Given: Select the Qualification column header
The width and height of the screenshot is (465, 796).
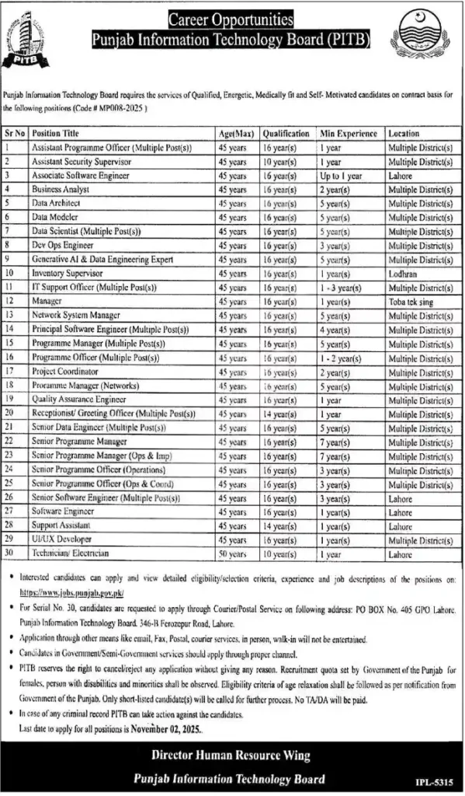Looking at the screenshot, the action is coord(286,133).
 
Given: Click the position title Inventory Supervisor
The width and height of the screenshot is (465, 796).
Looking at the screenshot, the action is coord(67,273).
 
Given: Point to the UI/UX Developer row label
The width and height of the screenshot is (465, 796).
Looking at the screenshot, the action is coord(62,539).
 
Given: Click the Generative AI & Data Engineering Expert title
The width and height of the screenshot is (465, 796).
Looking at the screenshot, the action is coord(102,259).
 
